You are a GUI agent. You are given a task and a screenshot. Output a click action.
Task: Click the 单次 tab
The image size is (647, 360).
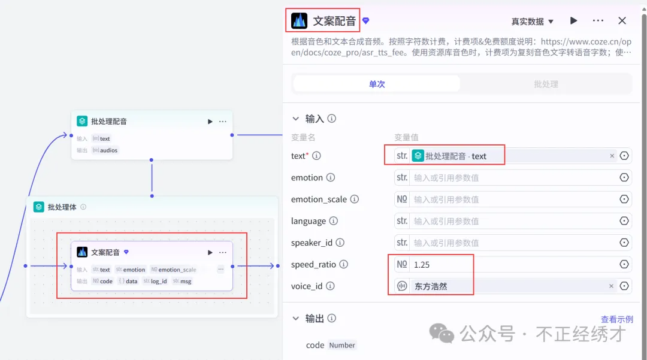click(x=377, y=84)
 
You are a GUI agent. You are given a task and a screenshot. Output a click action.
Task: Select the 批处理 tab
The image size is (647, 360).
click(x=546, y=84)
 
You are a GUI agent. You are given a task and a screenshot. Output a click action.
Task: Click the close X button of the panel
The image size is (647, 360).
click(x=622, y=21)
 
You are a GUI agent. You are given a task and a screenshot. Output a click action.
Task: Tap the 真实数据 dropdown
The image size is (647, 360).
click(x=532, y=22)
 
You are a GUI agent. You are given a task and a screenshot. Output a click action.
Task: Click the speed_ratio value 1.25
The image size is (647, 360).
click(x=422, y=265)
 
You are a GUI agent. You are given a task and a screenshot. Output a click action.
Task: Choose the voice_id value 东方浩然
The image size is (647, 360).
click(x=431, y=286)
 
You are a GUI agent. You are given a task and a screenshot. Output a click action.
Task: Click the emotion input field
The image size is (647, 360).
click(x=512, y=178)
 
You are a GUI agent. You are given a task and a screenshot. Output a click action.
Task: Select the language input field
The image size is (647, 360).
click(x=512, y=221)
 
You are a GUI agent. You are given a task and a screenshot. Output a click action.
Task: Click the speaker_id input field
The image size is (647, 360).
click(x=512, y=243)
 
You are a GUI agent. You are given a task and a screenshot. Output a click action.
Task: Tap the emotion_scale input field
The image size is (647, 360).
click(x=512, y=199)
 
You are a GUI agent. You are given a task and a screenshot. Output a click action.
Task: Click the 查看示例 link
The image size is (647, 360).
click(x=616, y=319)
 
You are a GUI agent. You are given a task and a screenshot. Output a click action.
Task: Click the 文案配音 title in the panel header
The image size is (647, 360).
click(x=334, y=22)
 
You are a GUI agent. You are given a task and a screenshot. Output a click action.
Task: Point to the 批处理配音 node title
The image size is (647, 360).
click(x=108, y=122)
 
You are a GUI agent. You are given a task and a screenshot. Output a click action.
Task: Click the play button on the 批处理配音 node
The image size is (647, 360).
click(x=210, y=122)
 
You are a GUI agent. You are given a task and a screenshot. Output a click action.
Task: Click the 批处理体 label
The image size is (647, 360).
click(x=62, y=207)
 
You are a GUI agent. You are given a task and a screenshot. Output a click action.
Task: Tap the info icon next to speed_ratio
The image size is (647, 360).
click(x=344, y=264)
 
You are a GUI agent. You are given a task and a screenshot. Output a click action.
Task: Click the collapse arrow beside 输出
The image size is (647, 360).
click(x=295, y=319)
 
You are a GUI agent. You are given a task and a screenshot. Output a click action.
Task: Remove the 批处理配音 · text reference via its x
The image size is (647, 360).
click(x=612, y=156)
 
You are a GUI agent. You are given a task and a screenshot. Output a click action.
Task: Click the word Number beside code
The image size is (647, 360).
click(x=342, y=346)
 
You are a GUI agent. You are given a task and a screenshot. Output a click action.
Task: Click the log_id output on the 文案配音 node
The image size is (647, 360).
click(x=159, y=281)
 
